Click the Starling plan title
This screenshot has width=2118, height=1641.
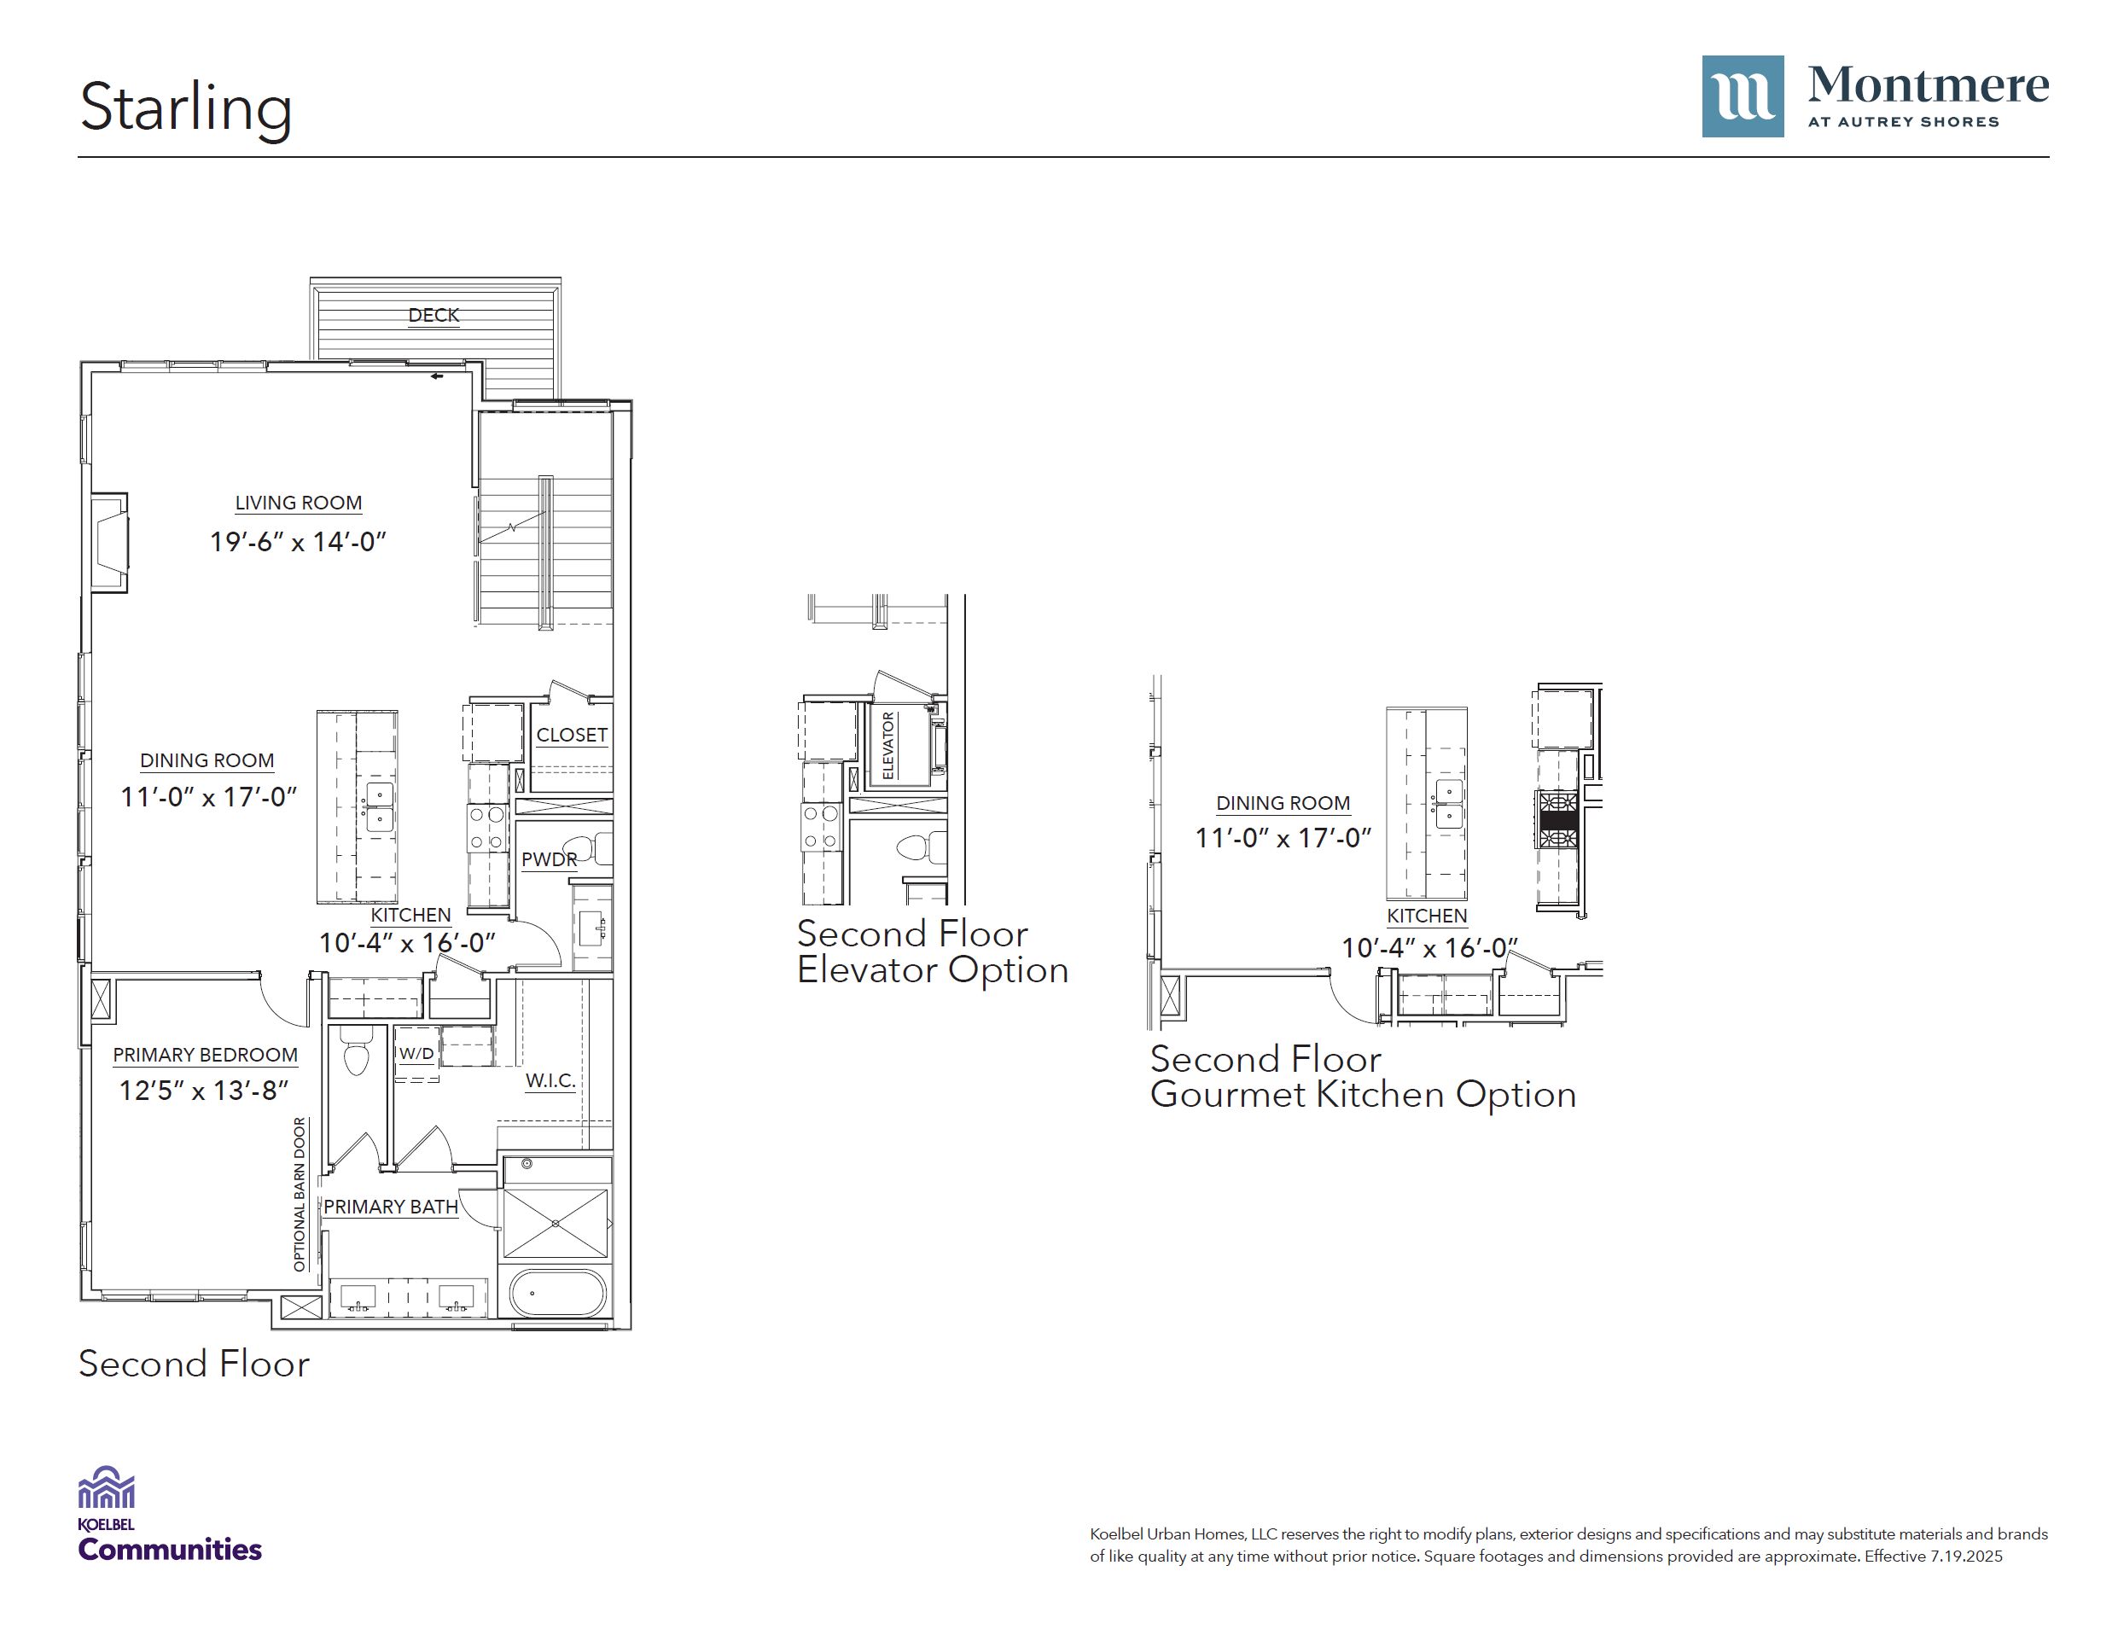pyautogui.click(x=185, y=108)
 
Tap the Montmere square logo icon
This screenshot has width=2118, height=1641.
pyautogui.click(x=1742, y=96)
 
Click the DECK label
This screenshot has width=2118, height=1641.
pyautogui.click(x=433, y=315)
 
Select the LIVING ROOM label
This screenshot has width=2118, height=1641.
pyautogui.click(x=299, y=503)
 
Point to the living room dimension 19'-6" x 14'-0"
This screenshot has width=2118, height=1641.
pyautogui.click(x=299, y=541)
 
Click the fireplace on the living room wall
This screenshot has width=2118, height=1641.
pyautogui.click(x=109, y=542)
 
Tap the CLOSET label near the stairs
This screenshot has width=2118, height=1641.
pyautogui.click(x=573, y=735)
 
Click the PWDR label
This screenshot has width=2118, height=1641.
pyautogui.click(x=549, y=859)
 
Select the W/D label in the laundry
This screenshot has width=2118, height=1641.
pyautogui.click(x=417, y=1053)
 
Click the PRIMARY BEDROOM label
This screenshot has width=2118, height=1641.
pyautogui.click(x=206, y=1054)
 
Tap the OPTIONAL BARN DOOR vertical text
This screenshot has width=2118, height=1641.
pyautogui.click(x=300, y=1194)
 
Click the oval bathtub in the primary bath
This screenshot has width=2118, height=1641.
pyautogui.click(x=557, y=1292)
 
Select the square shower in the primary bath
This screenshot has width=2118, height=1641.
pyautogui.click(x=556, y=1224)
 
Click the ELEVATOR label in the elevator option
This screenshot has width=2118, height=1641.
pyautogui.click(x=888, y=745)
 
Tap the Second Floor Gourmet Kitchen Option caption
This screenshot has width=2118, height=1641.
pyautogui.click(x=1363, y=1077)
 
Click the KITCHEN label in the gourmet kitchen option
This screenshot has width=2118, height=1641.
pyautogui.click(x=1427, y=916)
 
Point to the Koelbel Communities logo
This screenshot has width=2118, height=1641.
pyautogui.click(x=170, y=1514)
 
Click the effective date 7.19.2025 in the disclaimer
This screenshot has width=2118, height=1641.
pyautogui.click(x=1966, y=1557)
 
